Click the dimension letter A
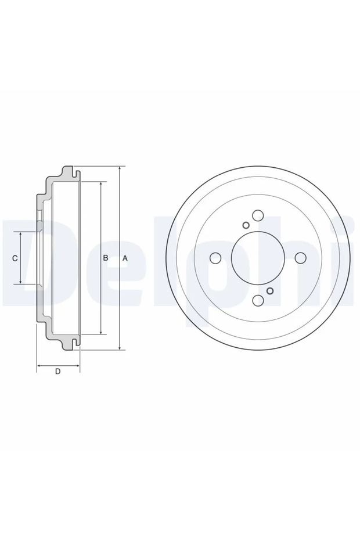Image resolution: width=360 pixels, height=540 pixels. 125,258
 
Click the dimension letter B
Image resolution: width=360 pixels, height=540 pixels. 106,258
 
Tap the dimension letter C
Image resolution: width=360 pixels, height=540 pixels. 15,258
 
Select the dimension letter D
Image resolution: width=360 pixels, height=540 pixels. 57,372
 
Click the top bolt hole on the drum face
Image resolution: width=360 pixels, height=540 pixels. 258,216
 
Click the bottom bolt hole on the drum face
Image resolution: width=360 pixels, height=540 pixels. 258,300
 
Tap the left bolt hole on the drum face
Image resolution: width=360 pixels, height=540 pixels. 216,258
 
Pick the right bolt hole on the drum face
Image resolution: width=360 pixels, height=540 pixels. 300,258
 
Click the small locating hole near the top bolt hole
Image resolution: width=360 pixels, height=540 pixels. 246,225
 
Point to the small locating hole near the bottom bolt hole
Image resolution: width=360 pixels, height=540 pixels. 270,290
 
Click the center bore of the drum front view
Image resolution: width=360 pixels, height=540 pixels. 258,258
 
